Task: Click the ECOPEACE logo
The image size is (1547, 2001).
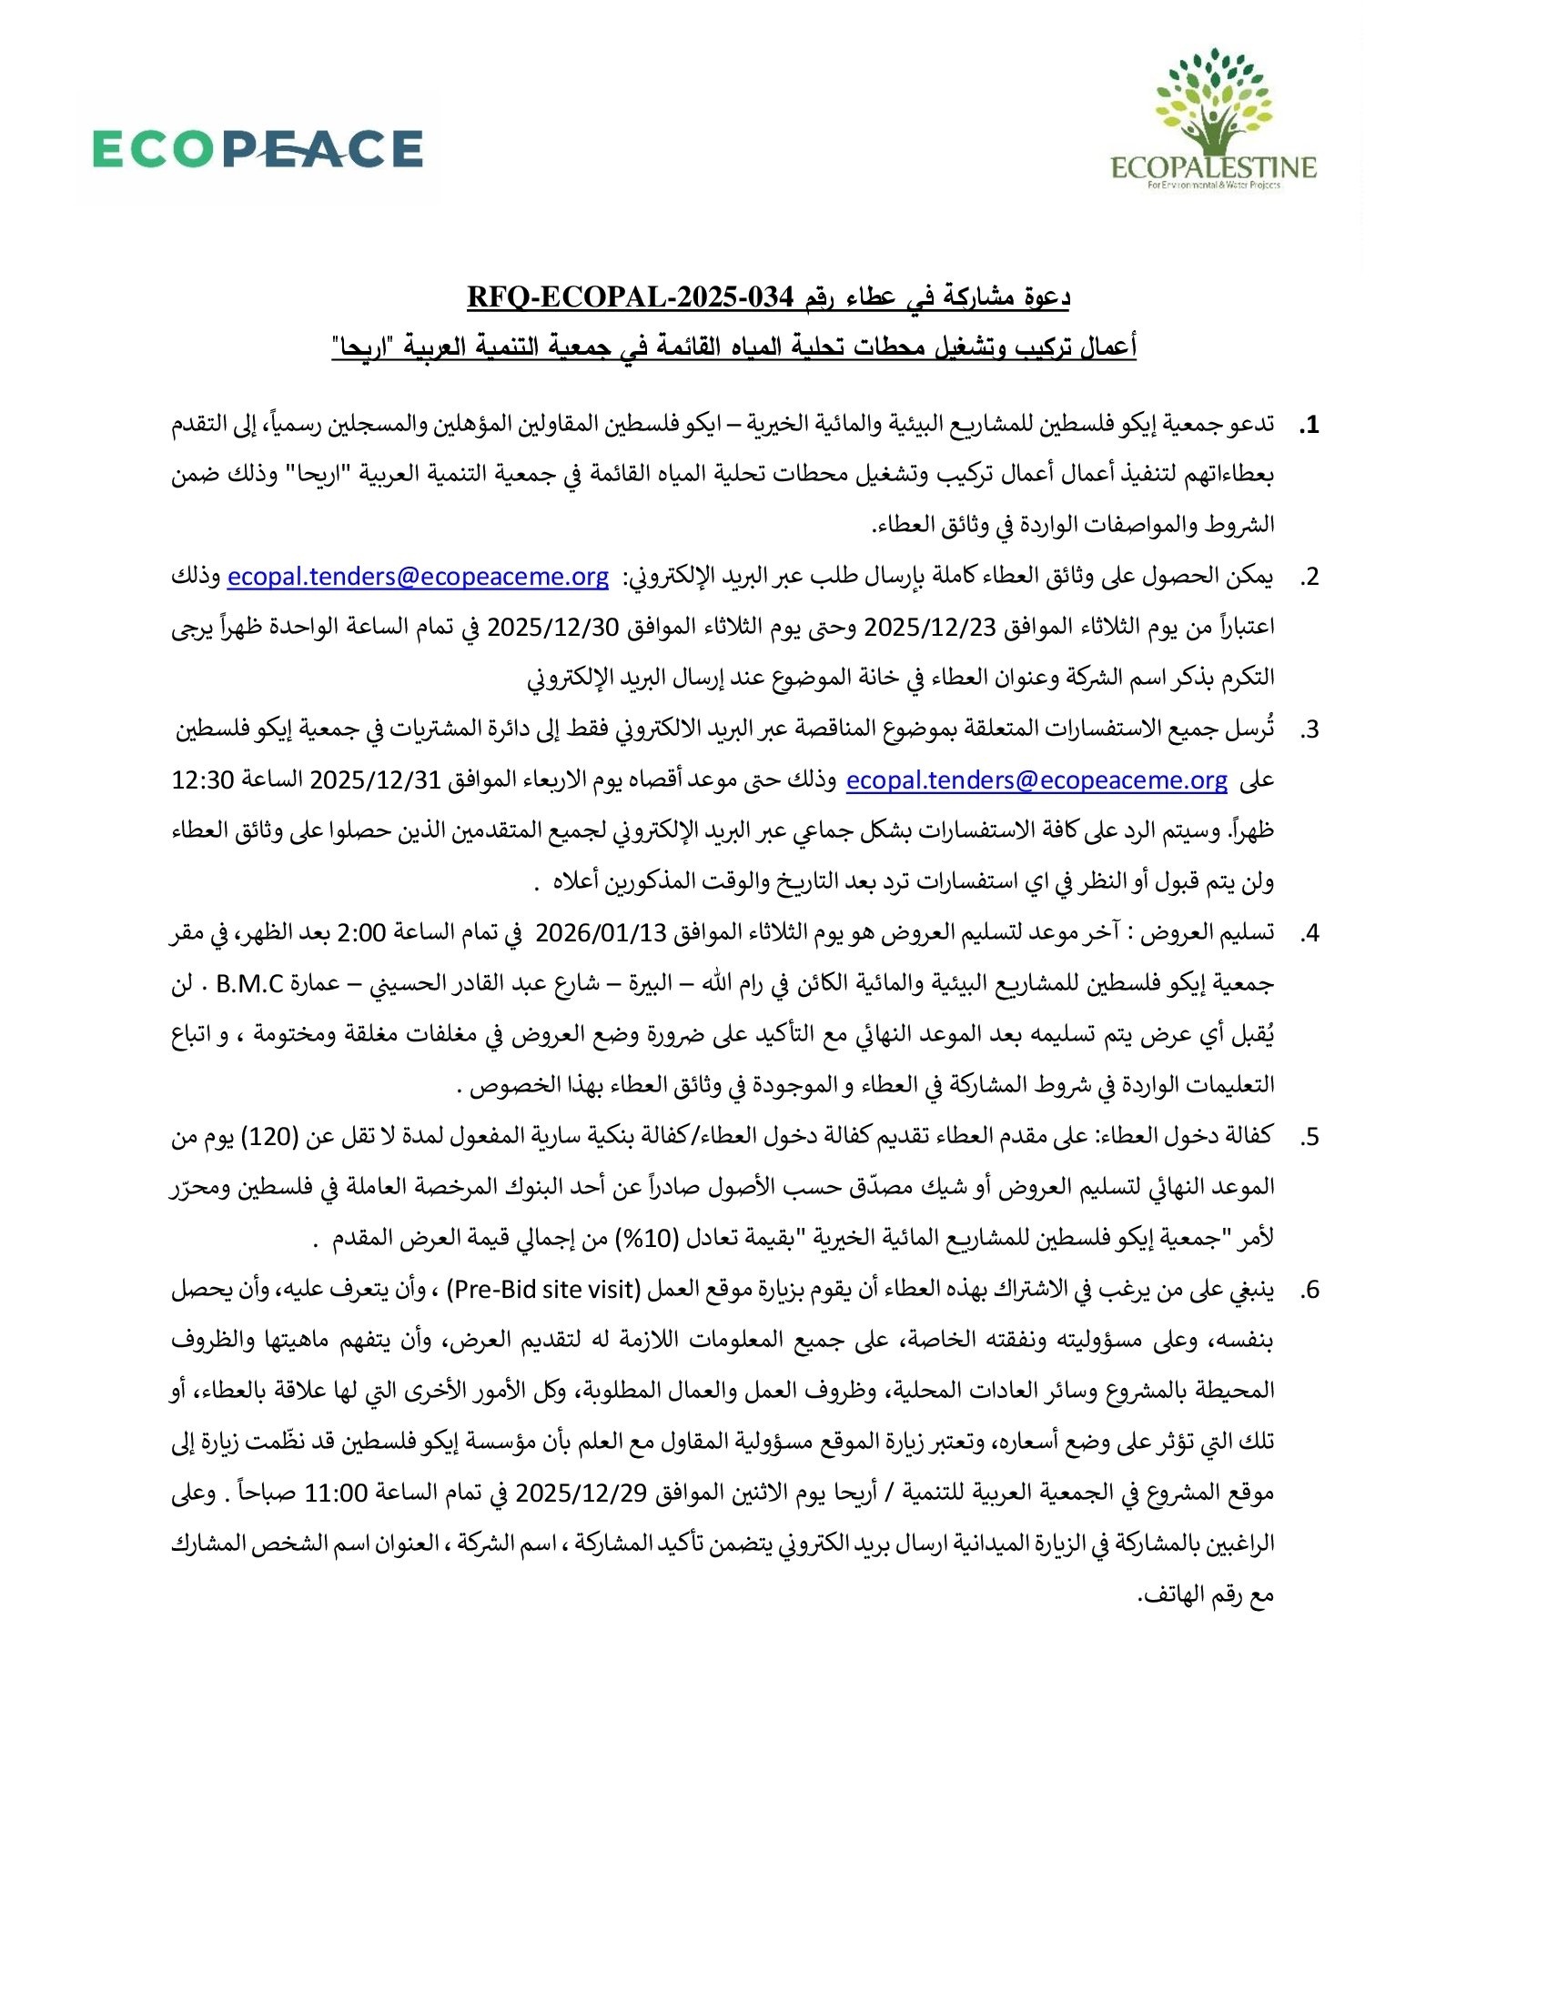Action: [x=258, y=148]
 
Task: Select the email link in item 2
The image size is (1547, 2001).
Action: [x=418, y=577]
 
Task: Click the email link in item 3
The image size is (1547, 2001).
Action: [x=1036, y=779]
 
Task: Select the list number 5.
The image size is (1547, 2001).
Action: [x=1309, y=1136]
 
